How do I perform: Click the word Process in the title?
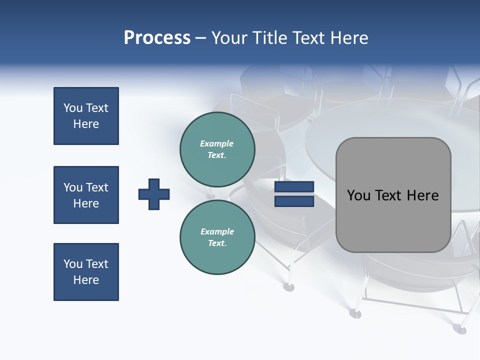tap(157, 38)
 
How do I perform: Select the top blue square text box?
tap(86, 116)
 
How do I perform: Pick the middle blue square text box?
tap(86, 195)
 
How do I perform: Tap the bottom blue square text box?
tap(86, 272)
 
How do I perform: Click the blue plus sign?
tap(154, 194)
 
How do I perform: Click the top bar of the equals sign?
tap(294, 186)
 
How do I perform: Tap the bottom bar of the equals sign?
tap(294, 201)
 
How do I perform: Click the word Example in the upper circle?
tap(217, 143)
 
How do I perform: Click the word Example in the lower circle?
tap(217, 231)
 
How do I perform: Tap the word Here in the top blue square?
tap(86, 124)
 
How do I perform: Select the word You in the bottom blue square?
tap(73, 264)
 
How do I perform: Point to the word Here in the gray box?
tap(423, 195)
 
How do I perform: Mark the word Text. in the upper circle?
tap(217, 155)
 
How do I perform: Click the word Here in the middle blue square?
tap(86, 203)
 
